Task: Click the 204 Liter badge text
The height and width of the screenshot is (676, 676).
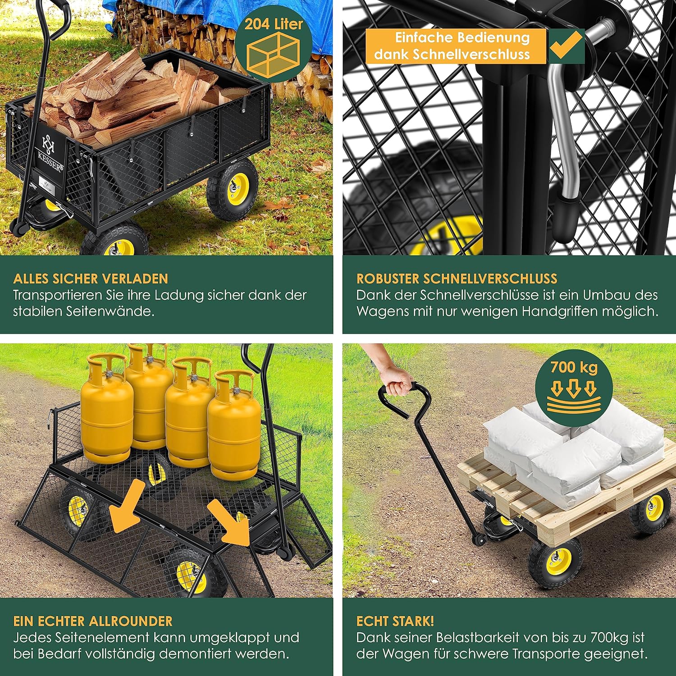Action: click(x=274, y=24)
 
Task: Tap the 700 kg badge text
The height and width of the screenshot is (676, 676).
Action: click(x=574, y=367)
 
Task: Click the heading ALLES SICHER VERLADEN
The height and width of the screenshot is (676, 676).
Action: click(x=91, y=279)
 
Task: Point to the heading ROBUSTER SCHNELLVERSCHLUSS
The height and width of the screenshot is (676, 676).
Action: click(x=457, y=279)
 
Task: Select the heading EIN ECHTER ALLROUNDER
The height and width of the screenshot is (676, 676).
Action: click(x=93, y=621)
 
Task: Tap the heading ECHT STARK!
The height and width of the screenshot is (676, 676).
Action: click(x=395, y=621)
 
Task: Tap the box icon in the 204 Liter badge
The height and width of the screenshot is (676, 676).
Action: click(x=274, y=54)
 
